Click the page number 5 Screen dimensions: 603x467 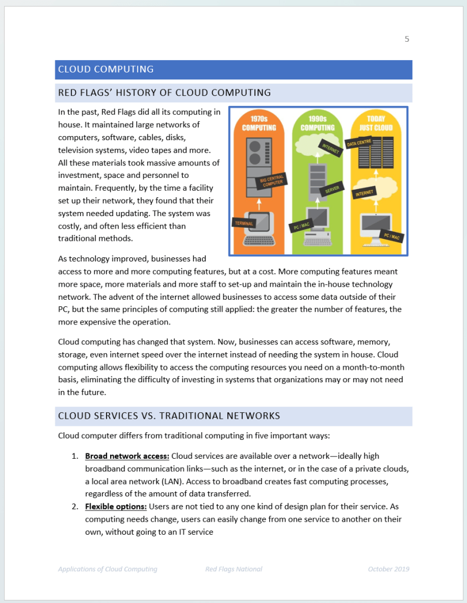(x=406, y=39)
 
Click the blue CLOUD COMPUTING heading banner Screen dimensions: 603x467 (x=233, y=69)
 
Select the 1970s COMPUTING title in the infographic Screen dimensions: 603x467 (x=259, y=123)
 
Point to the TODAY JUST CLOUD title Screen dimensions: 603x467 (x=376, y=123)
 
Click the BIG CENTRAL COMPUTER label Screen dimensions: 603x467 (x=271, y=180)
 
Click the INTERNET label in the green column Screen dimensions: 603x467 (x=330, y=149)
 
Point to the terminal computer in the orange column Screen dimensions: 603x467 (x=259, y=229)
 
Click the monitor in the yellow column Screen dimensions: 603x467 (x=375, y=224)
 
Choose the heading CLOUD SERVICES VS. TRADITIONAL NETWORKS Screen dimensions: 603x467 (x=169, y=416)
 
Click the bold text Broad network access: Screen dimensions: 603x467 (x=127, y=456)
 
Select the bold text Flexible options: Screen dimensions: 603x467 (x=116, y=506)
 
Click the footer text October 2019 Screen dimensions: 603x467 (x=388, y=569)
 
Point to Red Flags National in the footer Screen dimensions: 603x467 (x=234, y=569)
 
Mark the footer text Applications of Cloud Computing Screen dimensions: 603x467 (x=108, y=569)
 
